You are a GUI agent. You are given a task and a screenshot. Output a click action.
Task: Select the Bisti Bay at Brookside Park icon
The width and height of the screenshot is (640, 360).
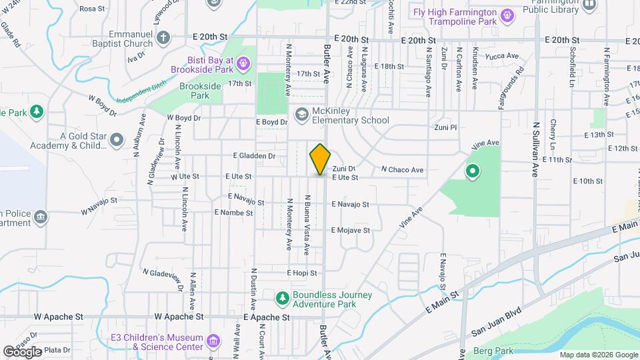[x=243, y=64]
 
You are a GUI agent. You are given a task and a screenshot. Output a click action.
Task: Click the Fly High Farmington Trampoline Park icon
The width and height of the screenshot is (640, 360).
[x=508, y=14]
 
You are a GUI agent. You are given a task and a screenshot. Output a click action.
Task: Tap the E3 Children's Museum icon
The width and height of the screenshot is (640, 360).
[x=214, y=342]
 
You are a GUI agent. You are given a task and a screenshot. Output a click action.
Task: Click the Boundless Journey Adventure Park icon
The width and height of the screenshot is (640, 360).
[x=283, y=296]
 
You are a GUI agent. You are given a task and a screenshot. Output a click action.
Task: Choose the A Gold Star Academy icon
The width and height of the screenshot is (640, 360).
[x=117, y=140]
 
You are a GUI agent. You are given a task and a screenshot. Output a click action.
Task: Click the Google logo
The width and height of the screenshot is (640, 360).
[x=21, y=351]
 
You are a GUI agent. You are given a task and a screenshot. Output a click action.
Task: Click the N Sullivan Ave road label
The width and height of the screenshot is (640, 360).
[x=535, y=148]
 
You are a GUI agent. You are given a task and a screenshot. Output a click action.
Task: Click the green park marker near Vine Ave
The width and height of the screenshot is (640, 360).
[x=473, y=173]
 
